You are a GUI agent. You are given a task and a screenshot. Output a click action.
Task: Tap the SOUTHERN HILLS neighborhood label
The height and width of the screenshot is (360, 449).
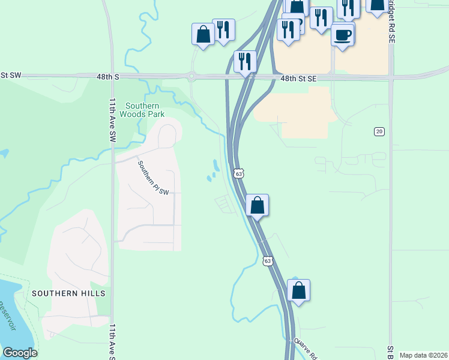[x=68, y=293]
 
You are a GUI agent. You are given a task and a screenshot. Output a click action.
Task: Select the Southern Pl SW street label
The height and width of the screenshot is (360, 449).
[x=154, y=178]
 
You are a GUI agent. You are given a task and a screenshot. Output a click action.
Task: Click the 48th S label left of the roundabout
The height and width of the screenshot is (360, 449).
[x=108, y=77]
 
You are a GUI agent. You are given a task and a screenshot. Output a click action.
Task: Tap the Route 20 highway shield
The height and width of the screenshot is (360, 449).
[x=379, y=131]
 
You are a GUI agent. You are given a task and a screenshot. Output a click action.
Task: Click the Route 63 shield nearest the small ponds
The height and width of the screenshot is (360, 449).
[x=238, y=173]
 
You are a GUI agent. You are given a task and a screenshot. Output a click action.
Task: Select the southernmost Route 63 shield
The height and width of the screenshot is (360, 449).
[x=268, y=260]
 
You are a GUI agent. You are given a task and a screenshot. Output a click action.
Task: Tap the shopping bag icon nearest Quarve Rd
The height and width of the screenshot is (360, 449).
[x=298, y=291]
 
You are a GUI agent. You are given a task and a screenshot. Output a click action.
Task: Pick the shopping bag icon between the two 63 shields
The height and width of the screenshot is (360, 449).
[x=257, y=206]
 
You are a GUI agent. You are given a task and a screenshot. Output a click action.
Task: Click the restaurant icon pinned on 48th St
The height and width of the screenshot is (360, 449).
[x=245, y=61]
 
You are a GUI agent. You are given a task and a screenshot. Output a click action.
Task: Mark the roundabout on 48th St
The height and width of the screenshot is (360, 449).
[x=191, y=76]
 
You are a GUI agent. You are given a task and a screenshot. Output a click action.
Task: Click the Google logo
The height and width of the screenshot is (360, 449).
[x=20, y=353]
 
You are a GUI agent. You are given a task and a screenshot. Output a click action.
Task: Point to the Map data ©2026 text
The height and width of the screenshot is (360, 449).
[x=423, y=355]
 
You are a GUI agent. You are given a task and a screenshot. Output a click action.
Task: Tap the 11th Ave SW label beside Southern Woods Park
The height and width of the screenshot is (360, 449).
[x=112, y=120]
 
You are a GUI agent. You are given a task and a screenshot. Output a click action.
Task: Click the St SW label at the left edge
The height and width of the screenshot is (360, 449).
[x=10, y=75]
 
